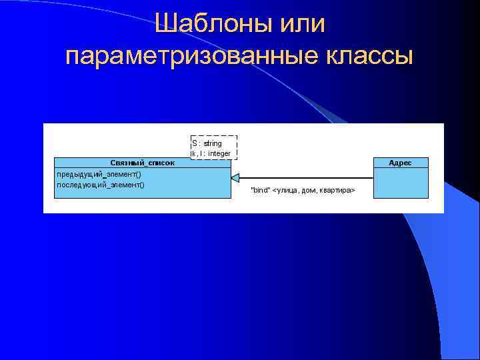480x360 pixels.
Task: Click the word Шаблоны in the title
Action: pyautogui.click(x=208, y=24)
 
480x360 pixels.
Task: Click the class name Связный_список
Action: pyautogui.click(x=142, y=163)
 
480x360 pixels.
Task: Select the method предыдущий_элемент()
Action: pyautogui.click(x=99, y=174)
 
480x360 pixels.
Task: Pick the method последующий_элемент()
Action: pyautogui.click(x=101, y=185)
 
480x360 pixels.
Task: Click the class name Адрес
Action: pyautogui.click(x=400, y=163)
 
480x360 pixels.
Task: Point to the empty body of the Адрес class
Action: pyautogui.click(x=400, y=183)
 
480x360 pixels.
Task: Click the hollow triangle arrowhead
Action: pyautogui.click(x=235, y=178)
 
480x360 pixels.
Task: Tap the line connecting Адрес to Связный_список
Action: pyautogui.click(x=307, y=178)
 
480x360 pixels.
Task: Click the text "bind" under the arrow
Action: pyautogui.click(x=260, y=191)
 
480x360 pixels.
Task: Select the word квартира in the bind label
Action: pyautogui.click(x=335, y=191)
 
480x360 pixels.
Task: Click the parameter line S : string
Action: pyautogui.click(x=207, y=143)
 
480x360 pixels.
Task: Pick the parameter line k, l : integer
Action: pyautogui.click(x=211, y=153)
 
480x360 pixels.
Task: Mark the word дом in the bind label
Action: pyautogui.click(x=309, y=191)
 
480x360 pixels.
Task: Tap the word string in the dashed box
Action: pyautogui.click(x=213, y=143)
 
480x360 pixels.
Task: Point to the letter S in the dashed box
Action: pyautogui.click(x=195, y=143)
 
